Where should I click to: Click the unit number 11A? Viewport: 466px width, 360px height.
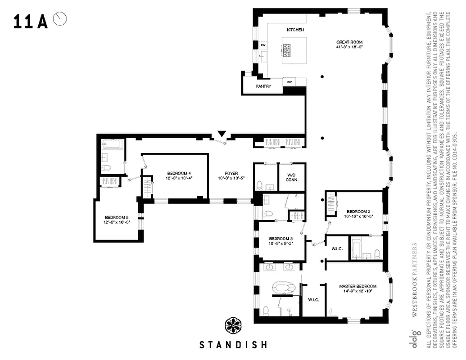(30, 22)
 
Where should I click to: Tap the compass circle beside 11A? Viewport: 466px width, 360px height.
(60, 19)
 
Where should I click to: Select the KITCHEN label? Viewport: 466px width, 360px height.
(295, 30)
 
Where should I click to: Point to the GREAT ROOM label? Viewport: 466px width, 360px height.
(349, 42)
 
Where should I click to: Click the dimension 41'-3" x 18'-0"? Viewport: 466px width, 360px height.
(349, 47)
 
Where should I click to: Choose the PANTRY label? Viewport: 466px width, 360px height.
(263, 86)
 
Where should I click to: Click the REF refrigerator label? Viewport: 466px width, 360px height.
(290, 82)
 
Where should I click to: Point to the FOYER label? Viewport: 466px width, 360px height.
(231, 173)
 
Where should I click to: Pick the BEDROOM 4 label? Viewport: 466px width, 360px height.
(179, 173)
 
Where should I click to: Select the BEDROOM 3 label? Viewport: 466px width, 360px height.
(281, 238)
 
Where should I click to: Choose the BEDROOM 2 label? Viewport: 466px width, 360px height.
(358, 211)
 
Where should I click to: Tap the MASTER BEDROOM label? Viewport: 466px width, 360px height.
(357, 286)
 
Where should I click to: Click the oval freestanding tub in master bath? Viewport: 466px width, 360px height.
(282, 288)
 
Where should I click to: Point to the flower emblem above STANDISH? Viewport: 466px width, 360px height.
(233, 325)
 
